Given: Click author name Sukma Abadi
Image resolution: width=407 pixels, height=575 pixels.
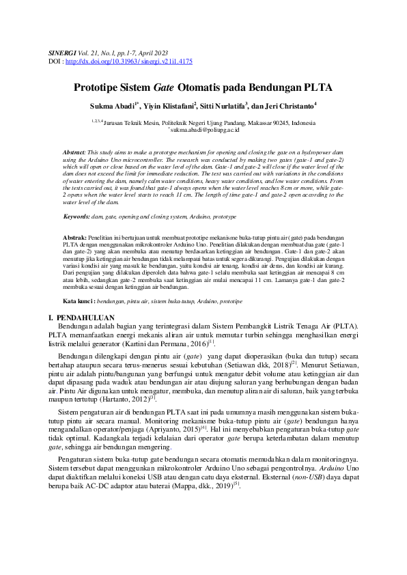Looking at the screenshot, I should [x=112, y=107].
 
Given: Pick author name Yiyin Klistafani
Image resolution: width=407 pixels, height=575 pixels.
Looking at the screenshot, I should [x=169, y=107].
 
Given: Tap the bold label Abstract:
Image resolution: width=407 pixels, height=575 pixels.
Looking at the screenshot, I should [x=73, y=150].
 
